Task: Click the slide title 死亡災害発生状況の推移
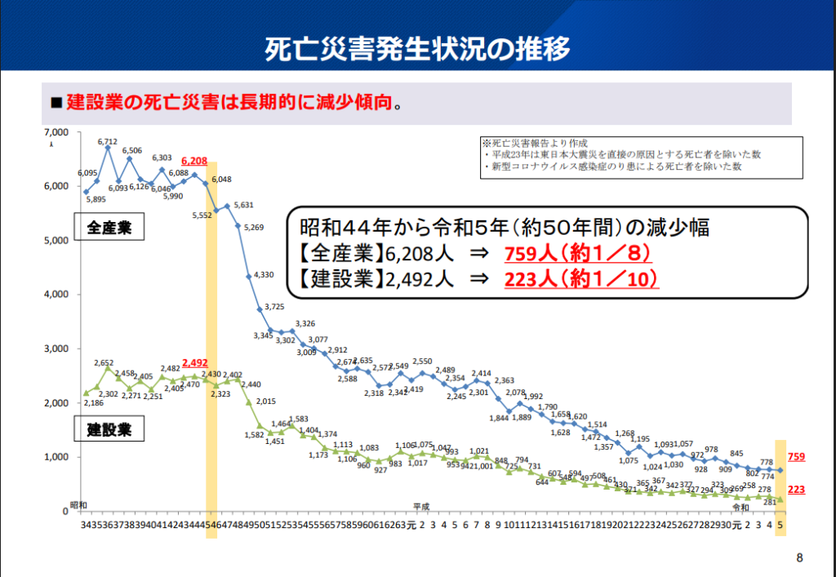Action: pyautogui.click(x=417, y=49)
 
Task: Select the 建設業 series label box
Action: pyautogui.click(x=109, y=428)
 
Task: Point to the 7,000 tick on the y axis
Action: pyautogui.click(x=58, y=132)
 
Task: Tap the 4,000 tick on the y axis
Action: pyautogui.click(x=58, y=295)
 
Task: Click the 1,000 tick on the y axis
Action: pyautogui.click(x=58, y=457)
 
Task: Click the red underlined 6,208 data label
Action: pyautogui.click(x=196, y=162)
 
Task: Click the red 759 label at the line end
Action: pyautogui.click(x=797, y=458)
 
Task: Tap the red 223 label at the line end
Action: pyautogui.click(x=797, y=489)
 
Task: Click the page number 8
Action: pyautogui.click(x=799, y=558)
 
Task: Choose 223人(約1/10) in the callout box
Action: pyautogui.click(x=580, y=278)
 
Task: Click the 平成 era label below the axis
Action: pyautogui.click(x=421, y=507)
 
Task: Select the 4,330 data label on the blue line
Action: pyautogui.click(x=264, y=274)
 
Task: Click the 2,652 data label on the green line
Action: pyautogui.click(x=104, y=363)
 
